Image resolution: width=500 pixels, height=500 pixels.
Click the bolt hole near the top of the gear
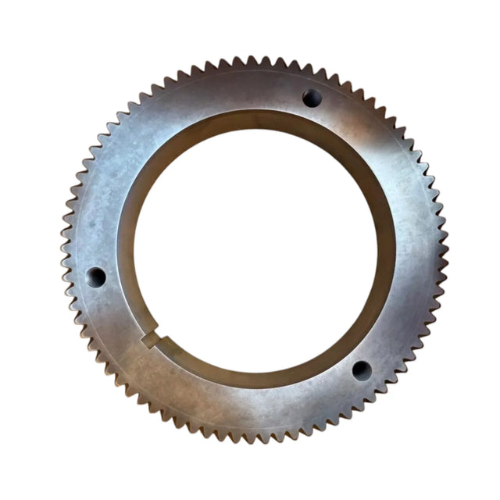pyautogui.click(x=312, y=98)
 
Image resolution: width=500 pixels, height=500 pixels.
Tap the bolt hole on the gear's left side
pyautogui.click(x=96, y=277)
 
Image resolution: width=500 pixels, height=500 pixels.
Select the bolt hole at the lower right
pyautogui.click(x=362, y=370)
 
